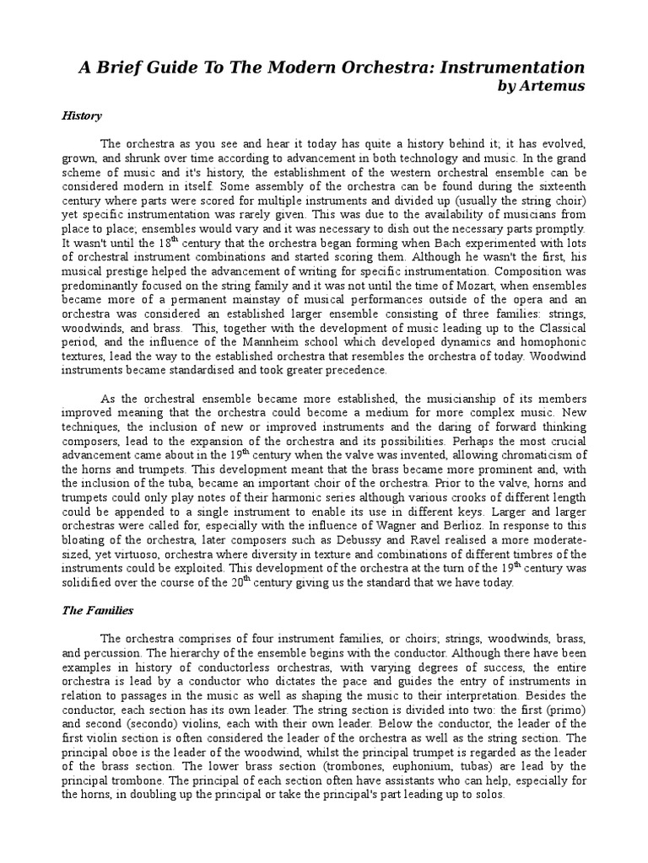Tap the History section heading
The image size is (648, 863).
click(81, 115)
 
